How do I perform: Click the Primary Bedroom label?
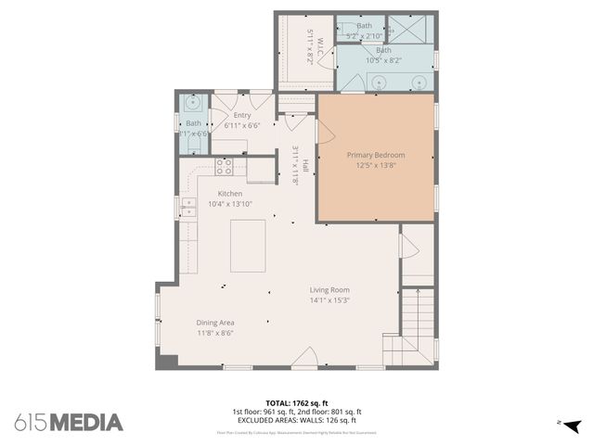tap(376, 155)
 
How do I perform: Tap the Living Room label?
tap(329, 289)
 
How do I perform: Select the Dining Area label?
tap(214, 323)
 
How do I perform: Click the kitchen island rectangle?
tap(248, 246)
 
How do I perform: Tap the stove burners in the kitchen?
tap(225, 166)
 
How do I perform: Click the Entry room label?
tap(242, 115)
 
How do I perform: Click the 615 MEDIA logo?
tap(69, 422)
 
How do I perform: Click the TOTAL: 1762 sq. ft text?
tap(296, 403)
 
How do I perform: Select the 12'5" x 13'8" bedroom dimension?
tap(376, 165)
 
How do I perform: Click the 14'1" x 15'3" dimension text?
tap(329, 299)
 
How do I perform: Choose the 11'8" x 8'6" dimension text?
tap(214, 333)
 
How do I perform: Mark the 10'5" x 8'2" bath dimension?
tap(383, 60)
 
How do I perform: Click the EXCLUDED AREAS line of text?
tap(296, 420)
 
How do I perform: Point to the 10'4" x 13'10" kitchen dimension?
tap(230, 204)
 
